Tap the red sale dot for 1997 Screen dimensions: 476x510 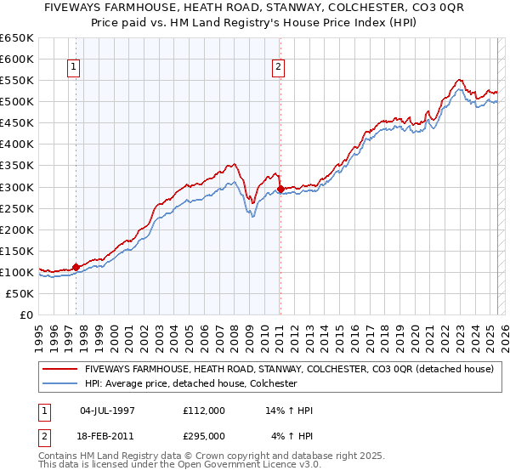click(x=76, y=267)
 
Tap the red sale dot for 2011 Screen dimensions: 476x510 click(x=280, y=189)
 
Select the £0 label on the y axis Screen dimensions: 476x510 click(x=26, y=314)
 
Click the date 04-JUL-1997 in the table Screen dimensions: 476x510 click(x=107, y=411)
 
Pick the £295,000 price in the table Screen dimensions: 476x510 click(x=204, y=435)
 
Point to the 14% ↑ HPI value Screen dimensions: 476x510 click(x=289, y=411)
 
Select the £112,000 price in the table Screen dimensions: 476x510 click(x=204, y=411)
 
